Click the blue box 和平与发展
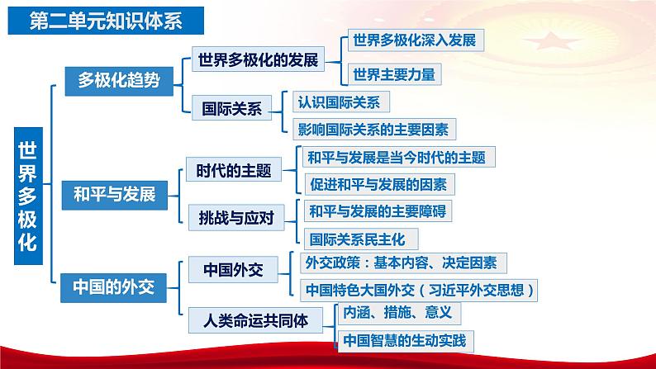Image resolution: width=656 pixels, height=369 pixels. (114, 195)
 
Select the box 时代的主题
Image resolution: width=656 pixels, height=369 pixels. (234, 171)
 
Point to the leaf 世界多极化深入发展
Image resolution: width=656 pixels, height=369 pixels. (413, 39)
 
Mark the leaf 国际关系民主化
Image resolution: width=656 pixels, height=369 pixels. (360, 239)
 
